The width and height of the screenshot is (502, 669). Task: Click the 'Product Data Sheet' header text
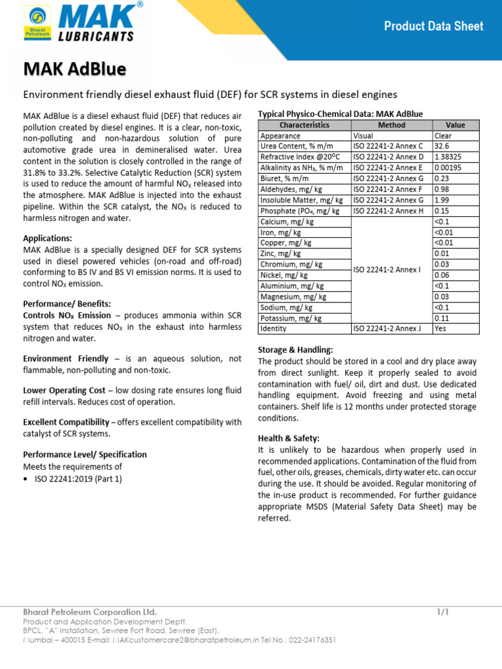tap(433, 26)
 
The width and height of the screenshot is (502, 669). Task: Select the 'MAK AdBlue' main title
tap(75, 69)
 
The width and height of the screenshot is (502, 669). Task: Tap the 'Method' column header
tap(392, 125)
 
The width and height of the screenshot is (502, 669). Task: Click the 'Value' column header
tap(455, 125)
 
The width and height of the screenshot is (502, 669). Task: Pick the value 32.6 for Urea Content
tap(443, 147)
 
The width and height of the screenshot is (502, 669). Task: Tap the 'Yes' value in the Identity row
tap(441, 329)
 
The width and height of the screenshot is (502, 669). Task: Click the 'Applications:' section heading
tap(48, 238)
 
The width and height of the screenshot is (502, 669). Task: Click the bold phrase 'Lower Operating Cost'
tap(64, 390)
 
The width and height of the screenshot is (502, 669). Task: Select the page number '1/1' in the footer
tap(443, 612)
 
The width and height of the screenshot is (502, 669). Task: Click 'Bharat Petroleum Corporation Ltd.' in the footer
tap(90, 612)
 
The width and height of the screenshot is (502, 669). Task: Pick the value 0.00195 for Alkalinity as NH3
tap(450, 168)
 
